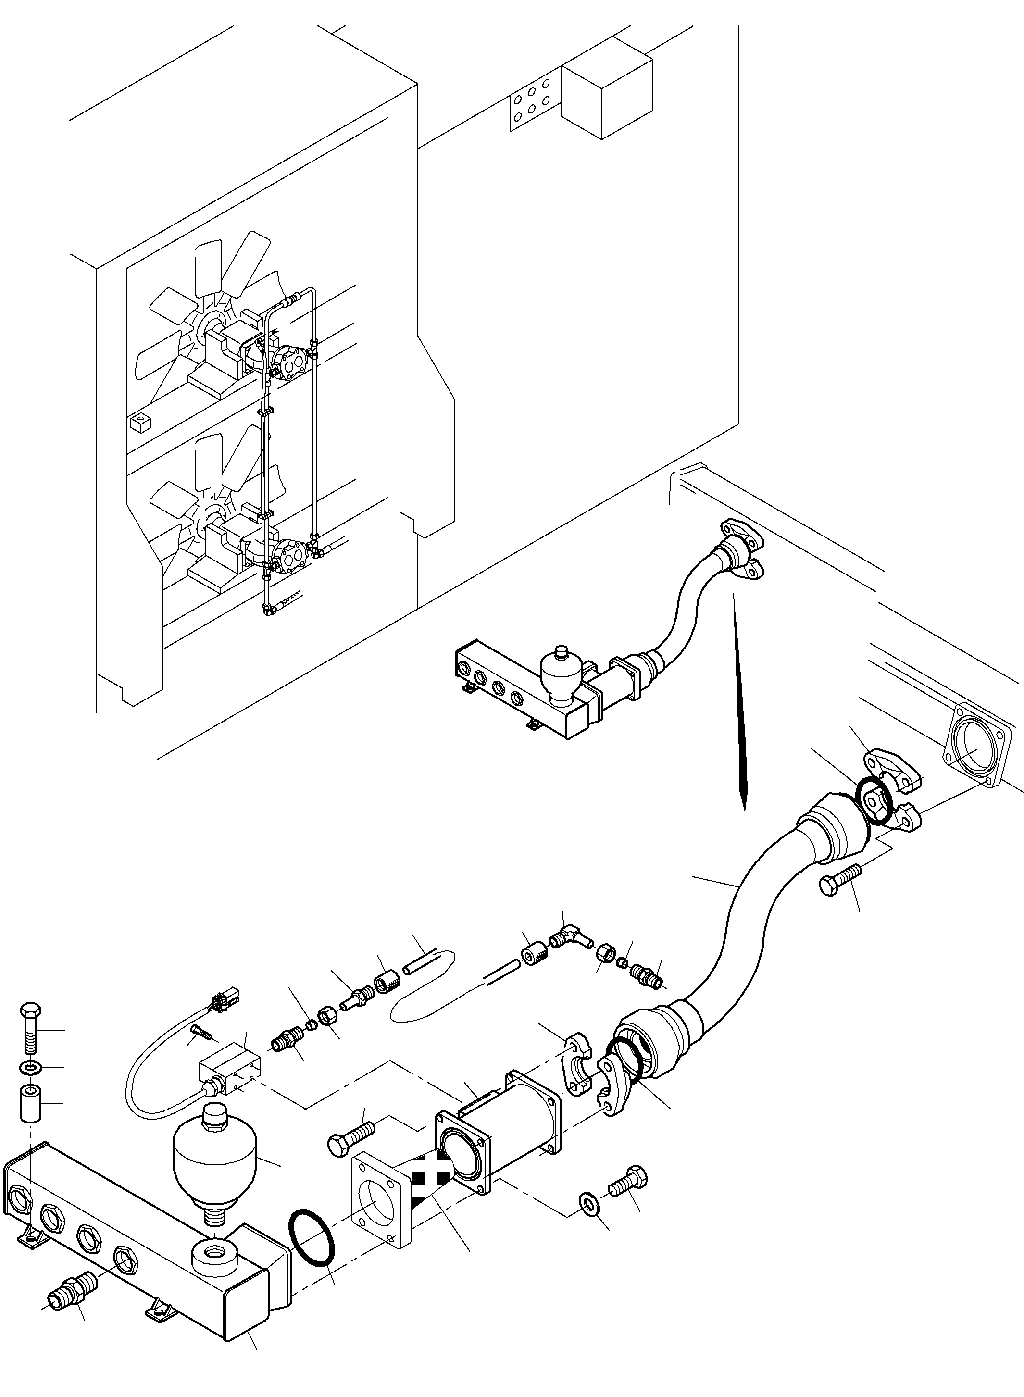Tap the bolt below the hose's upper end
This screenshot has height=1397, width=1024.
pos(839,879)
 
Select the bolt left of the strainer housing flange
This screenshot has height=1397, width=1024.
pos(349,1136)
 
